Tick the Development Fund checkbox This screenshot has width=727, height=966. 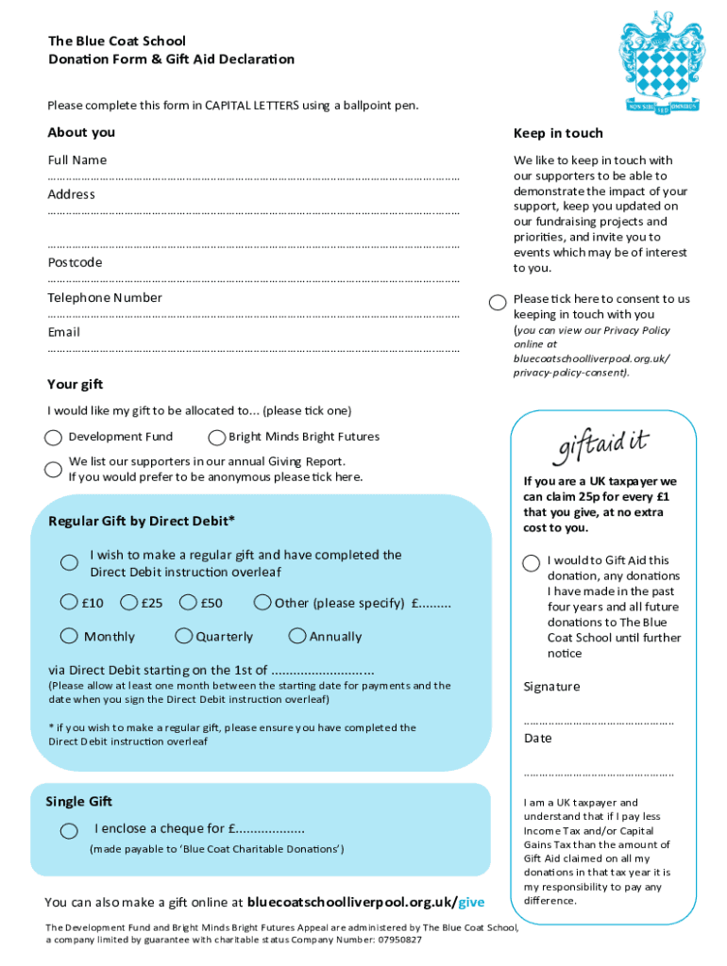coord(55,438)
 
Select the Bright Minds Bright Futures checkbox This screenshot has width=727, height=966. coord(217,438)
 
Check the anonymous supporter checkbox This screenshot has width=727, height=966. coord(54,470)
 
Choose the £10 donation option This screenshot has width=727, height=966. coord(70,603)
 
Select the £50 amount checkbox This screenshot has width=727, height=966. coord(187,603)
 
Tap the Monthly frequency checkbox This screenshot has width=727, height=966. coord(70,637)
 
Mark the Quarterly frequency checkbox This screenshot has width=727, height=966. coord(184,637)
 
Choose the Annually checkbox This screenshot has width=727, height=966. coord(297,637)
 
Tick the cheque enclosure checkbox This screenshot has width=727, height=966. coord(70,830)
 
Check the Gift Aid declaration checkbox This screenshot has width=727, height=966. coord(532,563)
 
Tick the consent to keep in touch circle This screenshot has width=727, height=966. coord(498,303)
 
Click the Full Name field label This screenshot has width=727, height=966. coord(77,160)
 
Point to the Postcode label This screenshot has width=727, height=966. coord(76,263)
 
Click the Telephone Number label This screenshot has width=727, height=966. coord(105,298)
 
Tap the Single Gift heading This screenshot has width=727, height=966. coord(79,802)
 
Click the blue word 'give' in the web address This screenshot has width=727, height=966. coord(471,903)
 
